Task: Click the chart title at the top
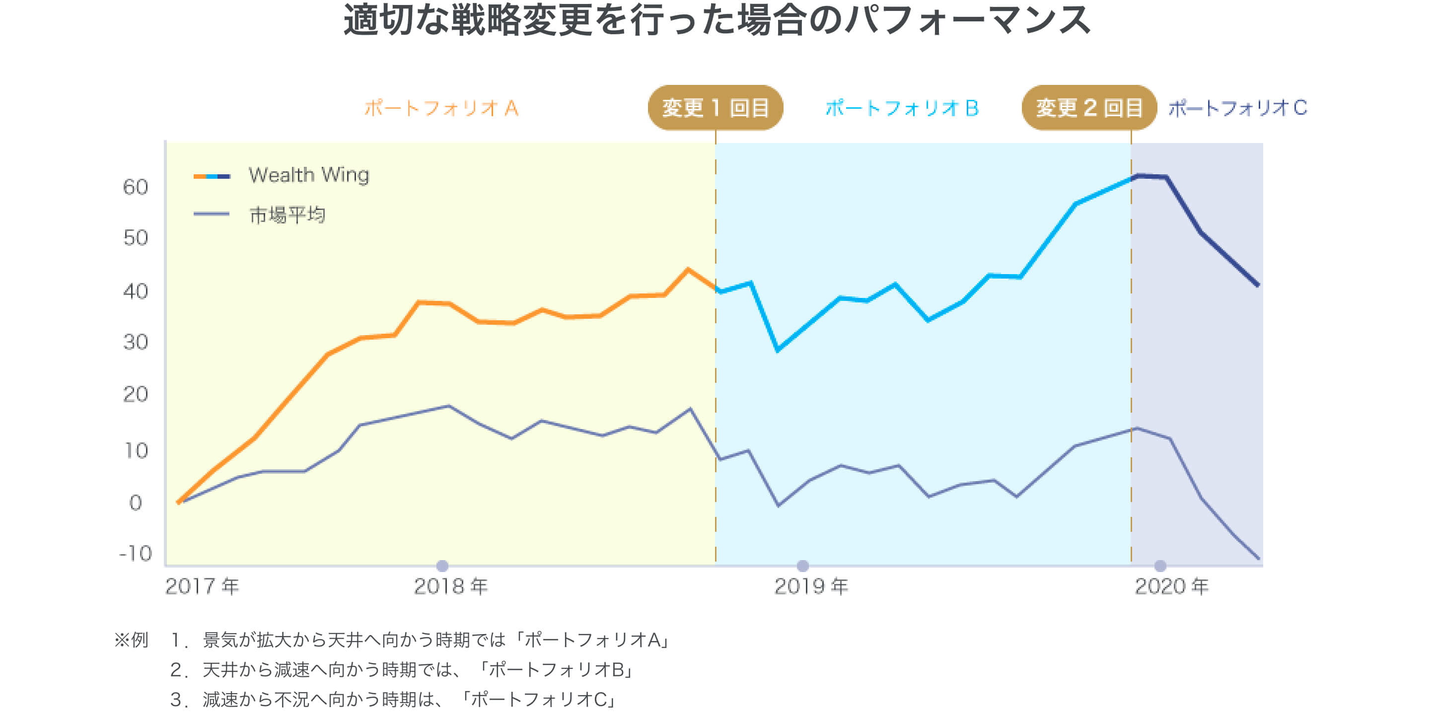click(717, 20)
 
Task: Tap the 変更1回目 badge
click(715, 108)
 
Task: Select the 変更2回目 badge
click(1089, 108)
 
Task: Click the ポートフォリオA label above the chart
click(441, 108)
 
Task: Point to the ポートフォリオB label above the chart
click(901, 108)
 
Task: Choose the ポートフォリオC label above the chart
click(1237, 108)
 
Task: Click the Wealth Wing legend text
click(309, 175)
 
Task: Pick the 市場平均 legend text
click(287, 215)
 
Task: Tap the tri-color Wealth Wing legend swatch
click(212, 176)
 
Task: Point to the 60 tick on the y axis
click(136, 187)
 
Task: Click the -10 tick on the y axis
click(136, 553)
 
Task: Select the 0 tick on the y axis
click(136, 503)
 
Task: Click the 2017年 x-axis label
click(202, 586)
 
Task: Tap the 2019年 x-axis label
click(811, 586)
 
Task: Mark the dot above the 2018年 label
click(442, 566)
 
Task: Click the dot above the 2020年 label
click(1160, 566)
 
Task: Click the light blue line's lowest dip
click(778, 350)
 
